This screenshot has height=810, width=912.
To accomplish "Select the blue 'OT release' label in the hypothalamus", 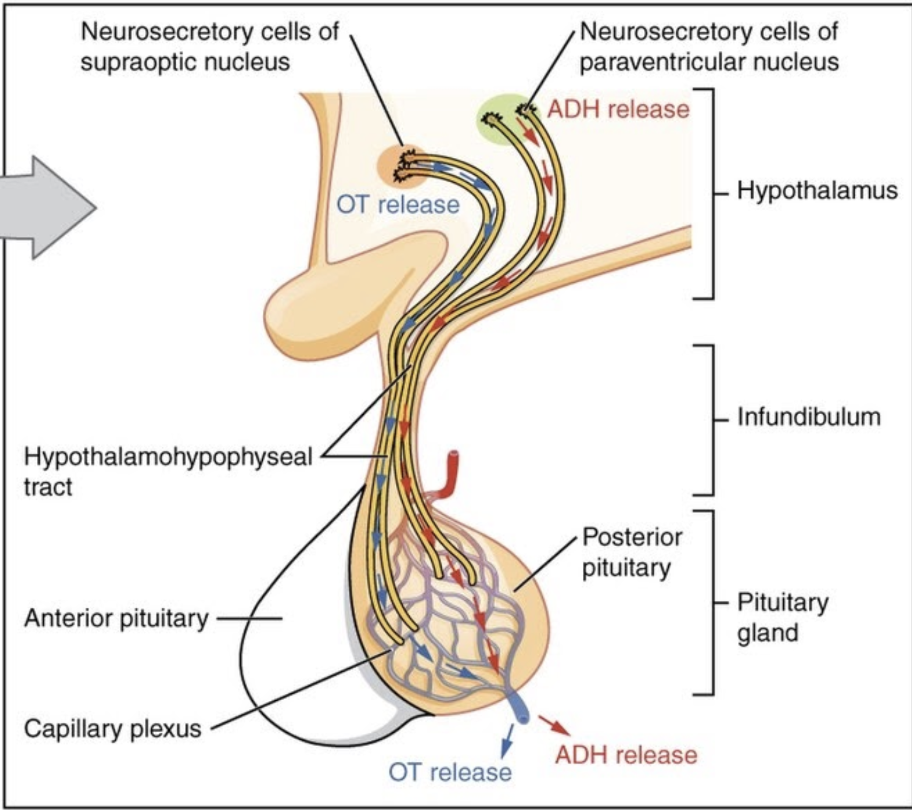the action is (x=398, y=205).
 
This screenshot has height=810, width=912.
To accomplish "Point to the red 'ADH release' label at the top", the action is (x=618, y=109).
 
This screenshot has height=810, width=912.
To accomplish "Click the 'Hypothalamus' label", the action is (x=817, y=190).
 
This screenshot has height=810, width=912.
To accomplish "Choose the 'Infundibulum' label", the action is (x=809, y=417).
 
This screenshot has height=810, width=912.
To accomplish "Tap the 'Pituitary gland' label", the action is (x=783, y=618).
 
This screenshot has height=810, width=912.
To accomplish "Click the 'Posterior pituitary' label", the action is (x=632, y=552).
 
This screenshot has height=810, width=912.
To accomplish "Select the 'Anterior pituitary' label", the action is (x=116, y=618).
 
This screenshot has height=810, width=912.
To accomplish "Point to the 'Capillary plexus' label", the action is (x=112, y=728).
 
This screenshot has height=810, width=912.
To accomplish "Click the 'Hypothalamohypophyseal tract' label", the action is (x=168, y=472).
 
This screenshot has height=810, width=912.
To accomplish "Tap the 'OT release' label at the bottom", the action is (x=450, y=772).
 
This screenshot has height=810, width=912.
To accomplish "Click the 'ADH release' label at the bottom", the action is (x=626, y=755).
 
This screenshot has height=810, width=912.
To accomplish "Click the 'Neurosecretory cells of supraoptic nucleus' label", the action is (x=210, y=47).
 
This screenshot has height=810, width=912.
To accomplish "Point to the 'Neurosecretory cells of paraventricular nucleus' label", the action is (x=709, y=47).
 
